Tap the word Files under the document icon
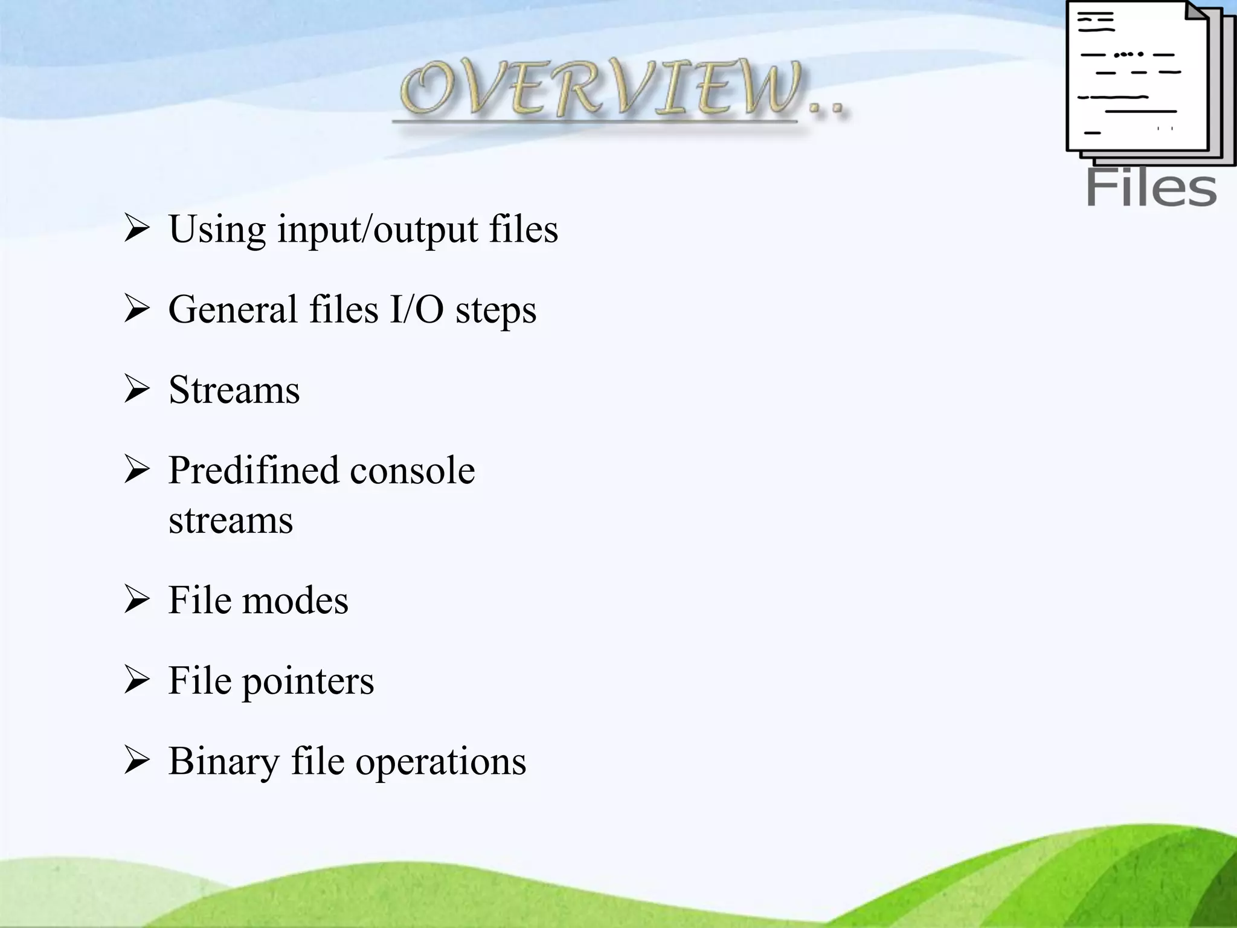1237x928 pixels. [1151, 188]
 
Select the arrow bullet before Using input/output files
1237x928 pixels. [137, 229]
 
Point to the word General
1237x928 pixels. [232, 309]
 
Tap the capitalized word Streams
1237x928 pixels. [234, 390]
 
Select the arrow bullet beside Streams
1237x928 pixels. [137, 389]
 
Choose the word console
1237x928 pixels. [413, 471]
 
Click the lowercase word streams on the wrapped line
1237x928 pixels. [231, 521]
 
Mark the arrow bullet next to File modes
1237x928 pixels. [137, 600]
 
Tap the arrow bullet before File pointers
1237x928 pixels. [137, 680]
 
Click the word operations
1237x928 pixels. [440, 763]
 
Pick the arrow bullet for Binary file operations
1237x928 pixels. [137, 761]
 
